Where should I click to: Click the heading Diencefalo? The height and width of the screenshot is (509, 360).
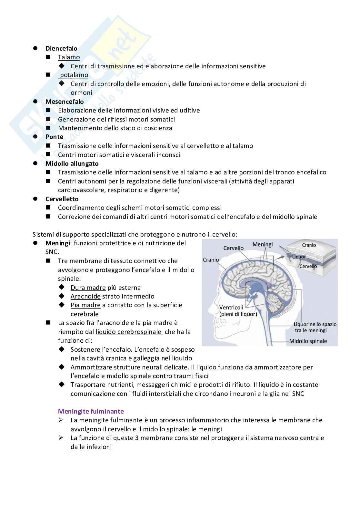pos(61,48)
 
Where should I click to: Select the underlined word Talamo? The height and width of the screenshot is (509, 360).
pos(69,57)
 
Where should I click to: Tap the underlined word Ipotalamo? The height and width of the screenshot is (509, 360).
pos(73,75)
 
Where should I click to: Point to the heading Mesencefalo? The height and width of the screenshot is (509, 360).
pos(65,102)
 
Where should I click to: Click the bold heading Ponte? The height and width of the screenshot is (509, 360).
pos(54,137)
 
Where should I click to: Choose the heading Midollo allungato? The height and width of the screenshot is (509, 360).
pos(72,163)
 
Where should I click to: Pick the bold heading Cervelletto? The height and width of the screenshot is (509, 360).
pos(62,199)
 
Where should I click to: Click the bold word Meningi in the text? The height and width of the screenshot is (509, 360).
pos(58,243)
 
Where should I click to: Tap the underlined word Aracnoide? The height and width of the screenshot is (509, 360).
pos(85,296)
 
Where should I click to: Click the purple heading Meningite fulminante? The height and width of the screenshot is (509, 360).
pos(91,411)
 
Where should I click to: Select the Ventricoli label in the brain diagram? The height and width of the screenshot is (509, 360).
pos(231,308)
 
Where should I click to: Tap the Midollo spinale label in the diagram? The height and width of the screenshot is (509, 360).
pos(308,341)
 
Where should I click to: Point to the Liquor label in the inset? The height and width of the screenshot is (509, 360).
pos(299,257)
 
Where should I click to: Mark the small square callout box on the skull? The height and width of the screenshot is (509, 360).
pos(267,260)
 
